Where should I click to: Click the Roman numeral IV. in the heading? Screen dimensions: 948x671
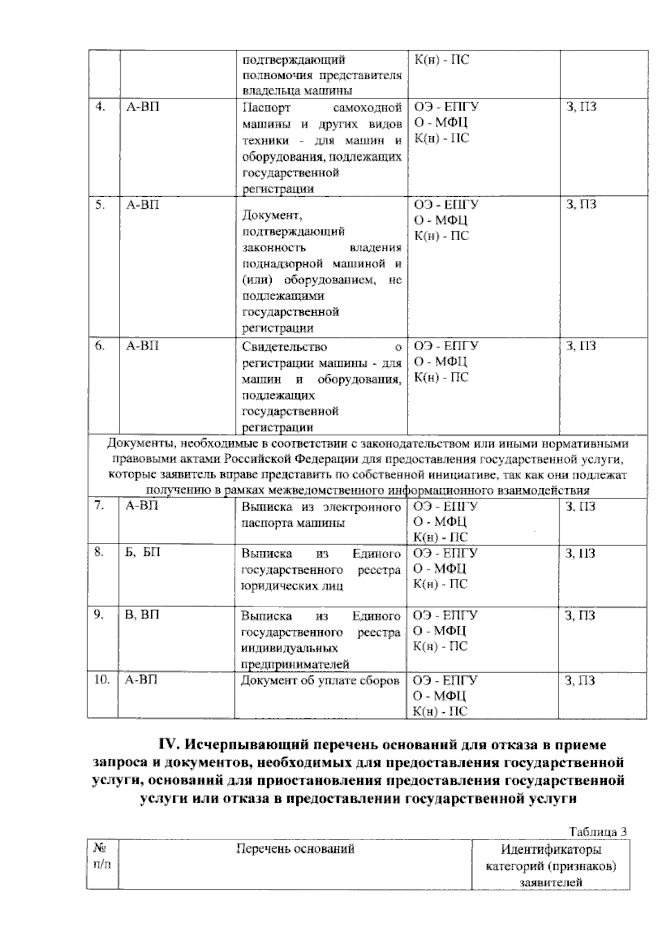170,745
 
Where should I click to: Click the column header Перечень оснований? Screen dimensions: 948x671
295,849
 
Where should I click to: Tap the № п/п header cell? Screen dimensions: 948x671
102,856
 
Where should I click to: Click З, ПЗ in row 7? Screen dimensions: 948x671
580,507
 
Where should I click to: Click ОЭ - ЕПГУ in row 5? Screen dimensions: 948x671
446,204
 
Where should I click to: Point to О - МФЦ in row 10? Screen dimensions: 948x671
440,696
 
